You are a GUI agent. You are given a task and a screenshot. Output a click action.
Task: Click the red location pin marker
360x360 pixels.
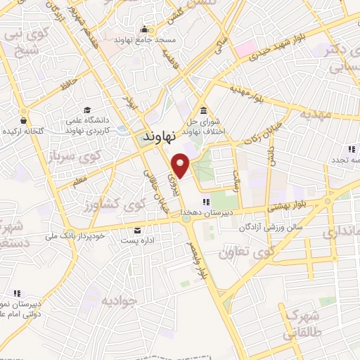point(181,165)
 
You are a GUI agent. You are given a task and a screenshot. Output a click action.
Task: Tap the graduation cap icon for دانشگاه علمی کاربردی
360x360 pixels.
point(87,110)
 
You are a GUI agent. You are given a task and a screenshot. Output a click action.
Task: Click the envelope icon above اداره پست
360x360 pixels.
point(136,230)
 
